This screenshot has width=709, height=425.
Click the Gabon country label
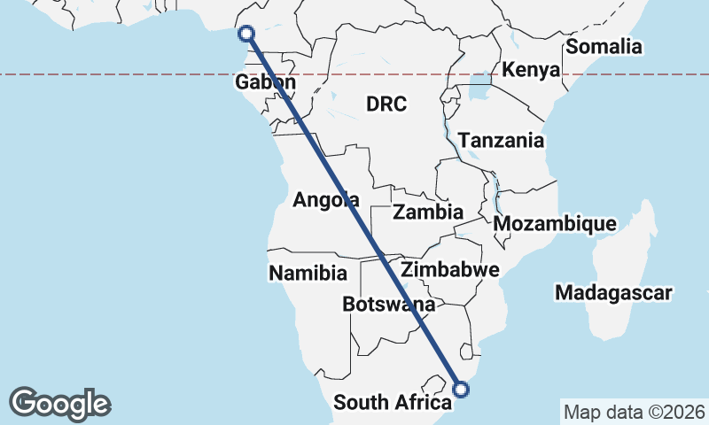[265, 82]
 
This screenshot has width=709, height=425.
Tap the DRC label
[386, 104]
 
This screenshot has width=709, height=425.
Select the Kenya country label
[531, 70]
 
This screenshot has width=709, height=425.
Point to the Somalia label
[604, 47]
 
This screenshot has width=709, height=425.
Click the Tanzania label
[502, 141]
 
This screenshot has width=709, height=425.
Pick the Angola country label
[326, 200]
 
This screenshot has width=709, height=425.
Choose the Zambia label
[429, 212]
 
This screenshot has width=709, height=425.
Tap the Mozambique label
[555, 224]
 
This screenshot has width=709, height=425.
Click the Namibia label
[308, 273]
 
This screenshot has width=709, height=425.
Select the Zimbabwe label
[451, 269]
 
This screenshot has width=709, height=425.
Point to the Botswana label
[389, 305]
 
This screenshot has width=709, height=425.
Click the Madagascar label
[613, 292]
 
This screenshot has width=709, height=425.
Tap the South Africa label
[386, 403]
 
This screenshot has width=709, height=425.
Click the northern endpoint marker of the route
[247, 34]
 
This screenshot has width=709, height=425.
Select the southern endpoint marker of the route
[461, 388]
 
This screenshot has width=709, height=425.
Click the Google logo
[59, 403]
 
